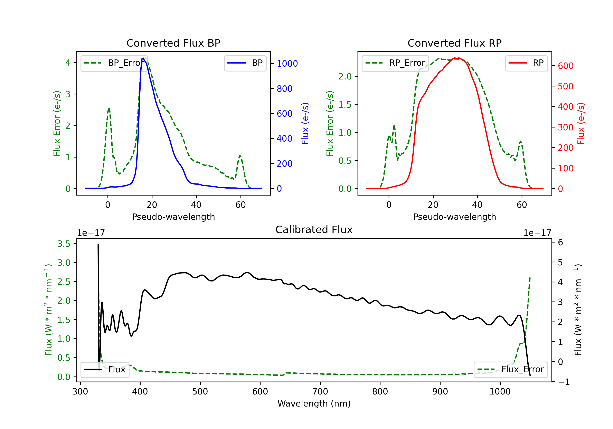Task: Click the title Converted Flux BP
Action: point(173,43)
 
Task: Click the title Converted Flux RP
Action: point(454,43)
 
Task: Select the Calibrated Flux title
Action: point(314,230)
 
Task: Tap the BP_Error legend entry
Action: point(114,63)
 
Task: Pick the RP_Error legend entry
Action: point(395,63)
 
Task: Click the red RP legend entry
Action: point(526,63)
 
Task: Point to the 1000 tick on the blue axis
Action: point(287,64)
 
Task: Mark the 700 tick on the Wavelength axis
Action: point(320,392)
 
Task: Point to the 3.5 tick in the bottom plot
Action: point(64,244)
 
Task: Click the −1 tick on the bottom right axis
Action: point(564,382)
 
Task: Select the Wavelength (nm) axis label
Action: point(314,404)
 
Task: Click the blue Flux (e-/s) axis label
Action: point(305,123)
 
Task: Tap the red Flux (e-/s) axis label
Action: point(581,123)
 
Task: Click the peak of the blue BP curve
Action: point(143,58)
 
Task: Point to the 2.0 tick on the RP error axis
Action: point(345,76)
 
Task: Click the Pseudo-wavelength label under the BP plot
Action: point(173,217)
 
